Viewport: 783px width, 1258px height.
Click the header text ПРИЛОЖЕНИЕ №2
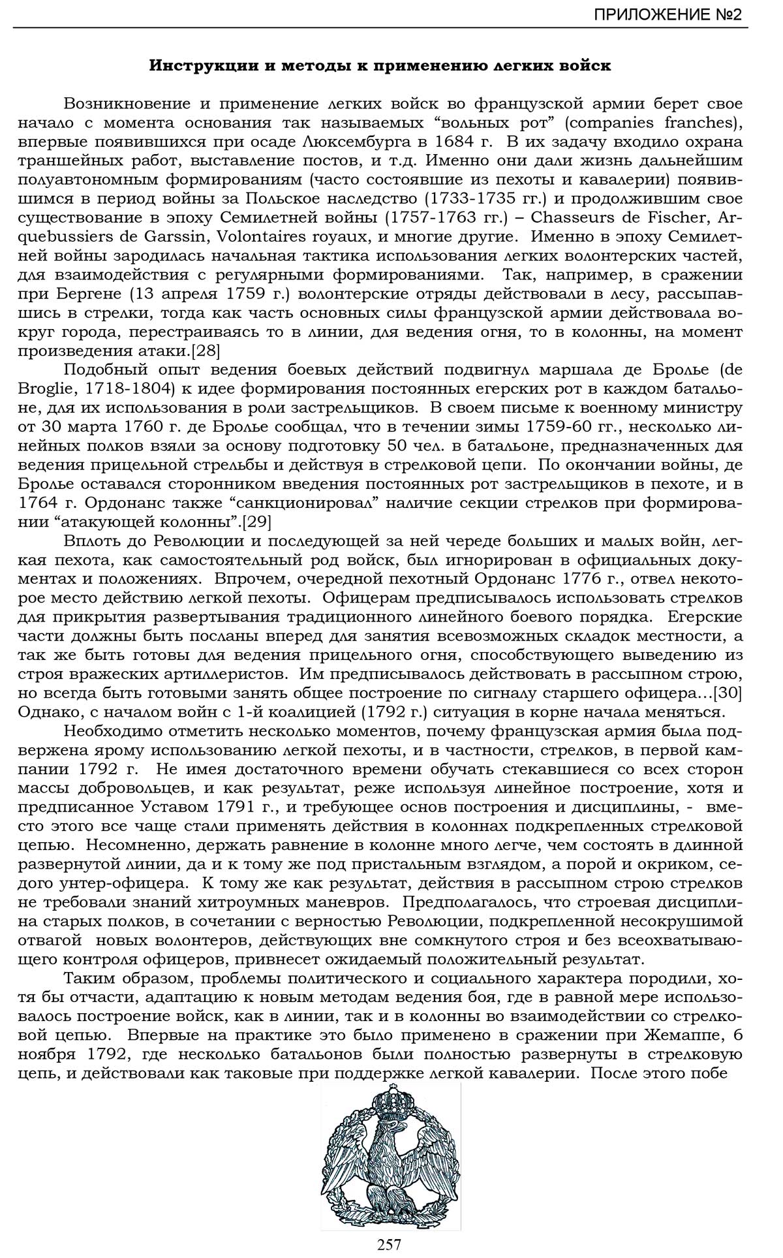pos(668,14)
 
